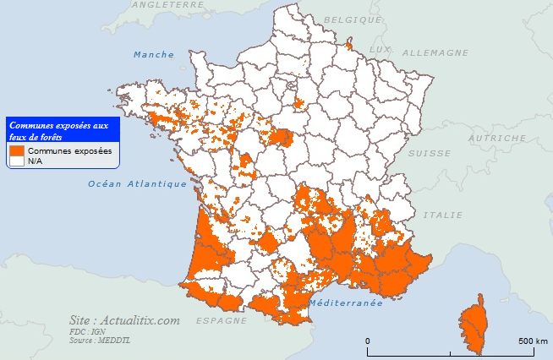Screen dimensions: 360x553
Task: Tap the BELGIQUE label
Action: (x=353, y=19)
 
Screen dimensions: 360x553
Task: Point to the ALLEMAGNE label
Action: (x=435, y=52)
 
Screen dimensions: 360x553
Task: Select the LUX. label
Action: (x=382, y=50)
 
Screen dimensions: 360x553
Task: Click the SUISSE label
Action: (x=429, y=153)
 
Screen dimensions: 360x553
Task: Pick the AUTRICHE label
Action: (x=497, y=137)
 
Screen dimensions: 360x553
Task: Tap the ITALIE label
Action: (x=448, y=215)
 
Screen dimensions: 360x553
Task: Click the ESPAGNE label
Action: (x=221, y=321)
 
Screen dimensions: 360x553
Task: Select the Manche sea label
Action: (x=154, y=55)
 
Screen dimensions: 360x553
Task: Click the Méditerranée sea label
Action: (x=347, y=303)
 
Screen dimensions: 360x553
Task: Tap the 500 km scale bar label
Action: (x=532, y=341)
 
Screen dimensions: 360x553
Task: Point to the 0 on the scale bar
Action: (x=368, y=341)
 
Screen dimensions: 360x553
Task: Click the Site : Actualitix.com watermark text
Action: (x=125, y=320)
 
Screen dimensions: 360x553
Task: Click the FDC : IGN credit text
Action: (x=88, y=332)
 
